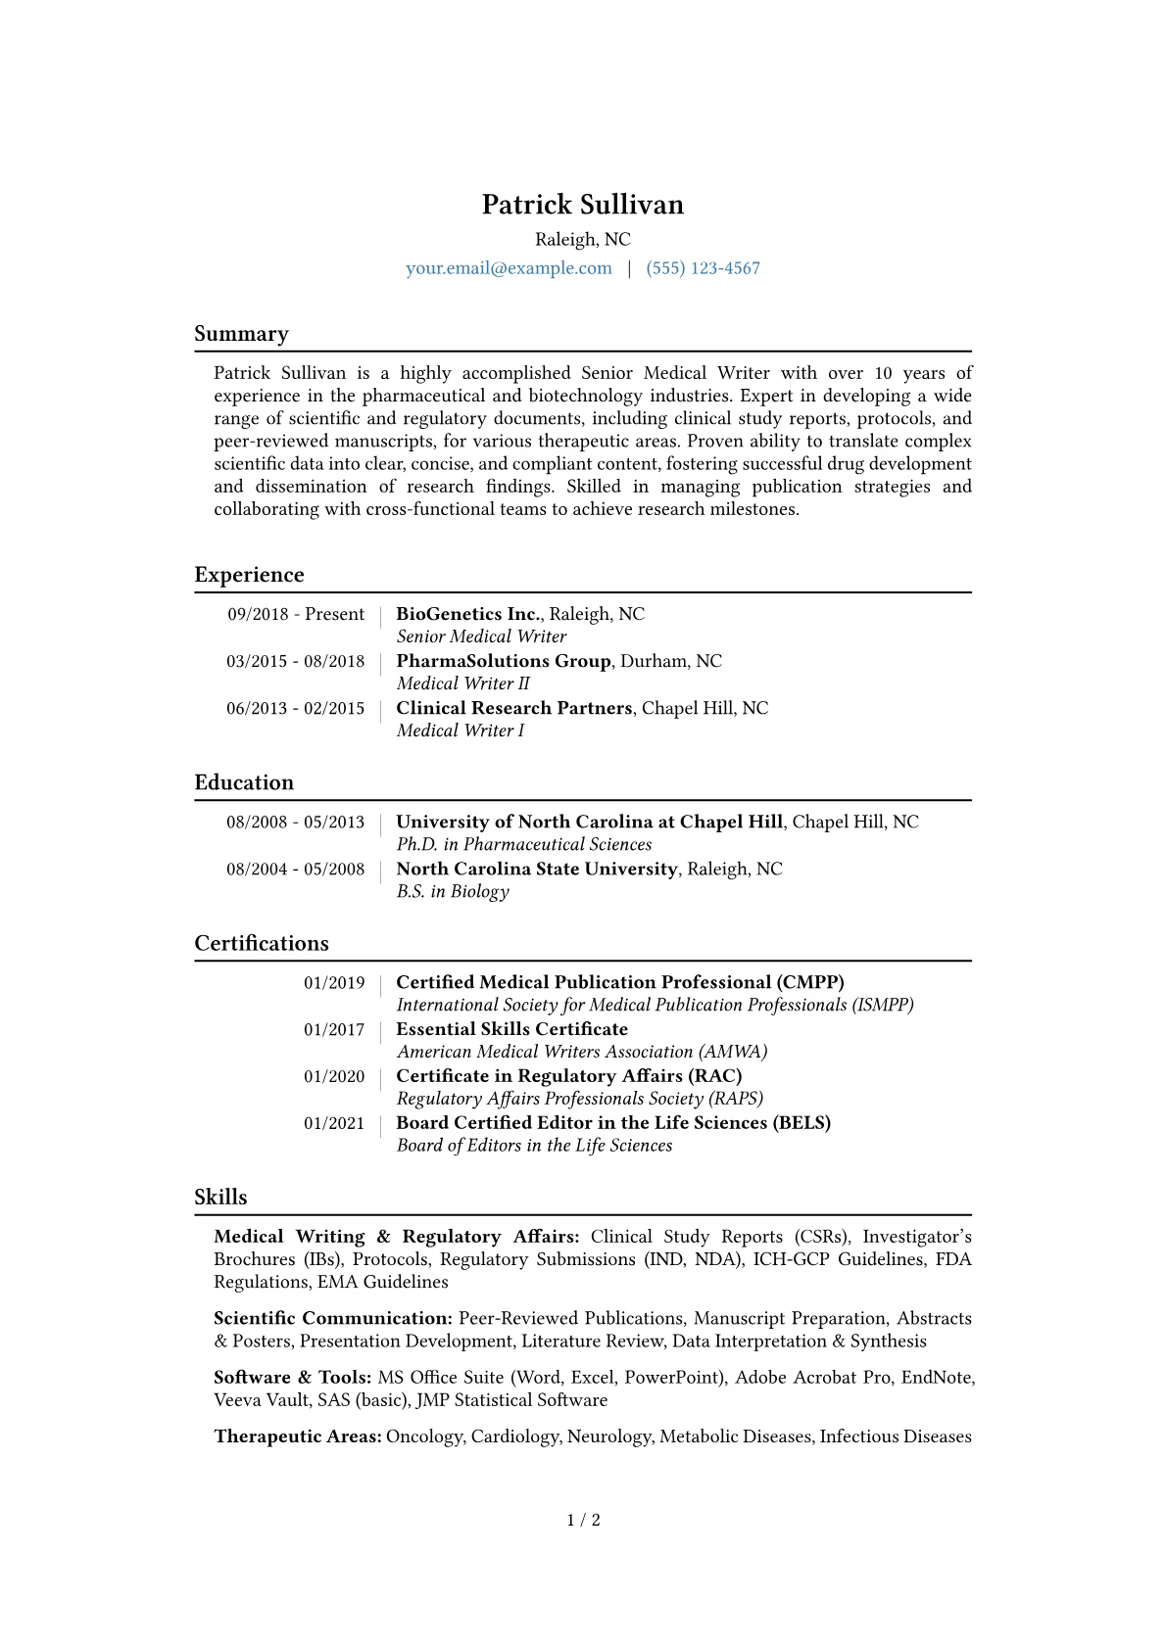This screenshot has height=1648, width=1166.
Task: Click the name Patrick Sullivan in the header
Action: click(582, 205)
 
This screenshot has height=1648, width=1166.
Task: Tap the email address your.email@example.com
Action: click(509, 268)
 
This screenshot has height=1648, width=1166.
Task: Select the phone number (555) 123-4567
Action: click(703, 268)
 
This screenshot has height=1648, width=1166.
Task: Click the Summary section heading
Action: click(241, 334)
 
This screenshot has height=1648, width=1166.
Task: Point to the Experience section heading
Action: click(249, 575)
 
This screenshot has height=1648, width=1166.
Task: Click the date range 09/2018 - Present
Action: click(296, 614)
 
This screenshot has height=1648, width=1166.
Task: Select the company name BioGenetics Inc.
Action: click(468, 614)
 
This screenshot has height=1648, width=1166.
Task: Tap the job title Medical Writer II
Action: click(462, 683)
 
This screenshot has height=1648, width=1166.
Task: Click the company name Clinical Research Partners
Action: click(514, 708)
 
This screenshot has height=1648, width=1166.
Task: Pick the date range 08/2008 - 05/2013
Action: click(295, 822)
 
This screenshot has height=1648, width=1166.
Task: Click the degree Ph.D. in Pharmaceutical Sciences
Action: click(523, 844)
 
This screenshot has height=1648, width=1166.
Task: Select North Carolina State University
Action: click(537, 869)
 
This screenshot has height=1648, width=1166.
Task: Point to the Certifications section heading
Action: click(262, 943)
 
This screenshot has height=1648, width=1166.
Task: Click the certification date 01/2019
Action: click(334, 982)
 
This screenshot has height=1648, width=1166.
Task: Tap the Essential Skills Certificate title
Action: click(511, 1029)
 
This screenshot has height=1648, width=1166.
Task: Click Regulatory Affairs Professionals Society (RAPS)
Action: click(579, 1099)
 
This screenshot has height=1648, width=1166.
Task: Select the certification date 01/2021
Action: click(334, 1123)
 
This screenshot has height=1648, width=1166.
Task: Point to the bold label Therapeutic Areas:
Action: click(298, 1436)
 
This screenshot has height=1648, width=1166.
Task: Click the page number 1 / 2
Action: click(583, 1520)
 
